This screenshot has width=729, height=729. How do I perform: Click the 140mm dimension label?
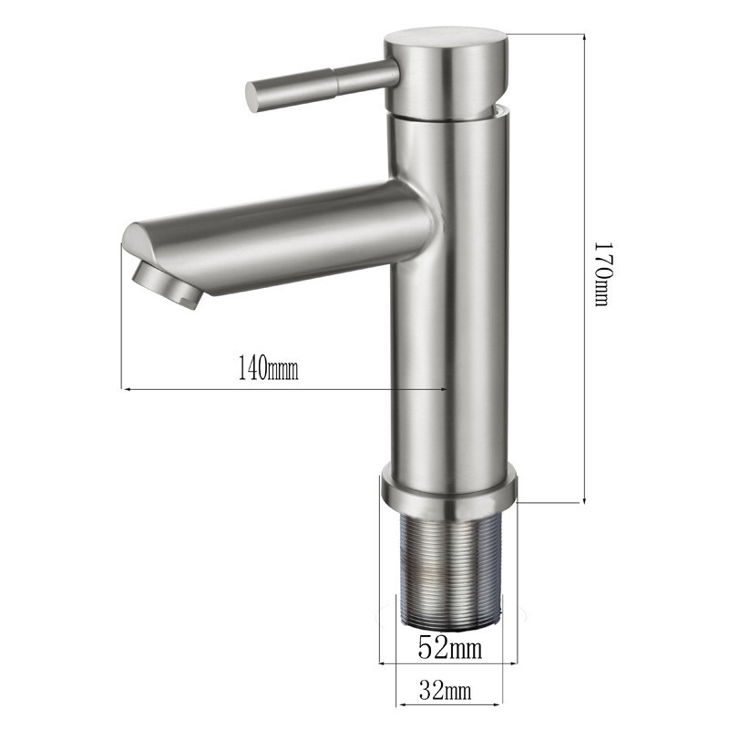click(x=268, y=367)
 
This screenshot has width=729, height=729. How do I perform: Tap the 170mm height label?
click(x=604, y=273)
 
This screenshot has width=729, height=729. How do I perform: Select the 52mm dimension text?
click(x=449, y=647)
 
